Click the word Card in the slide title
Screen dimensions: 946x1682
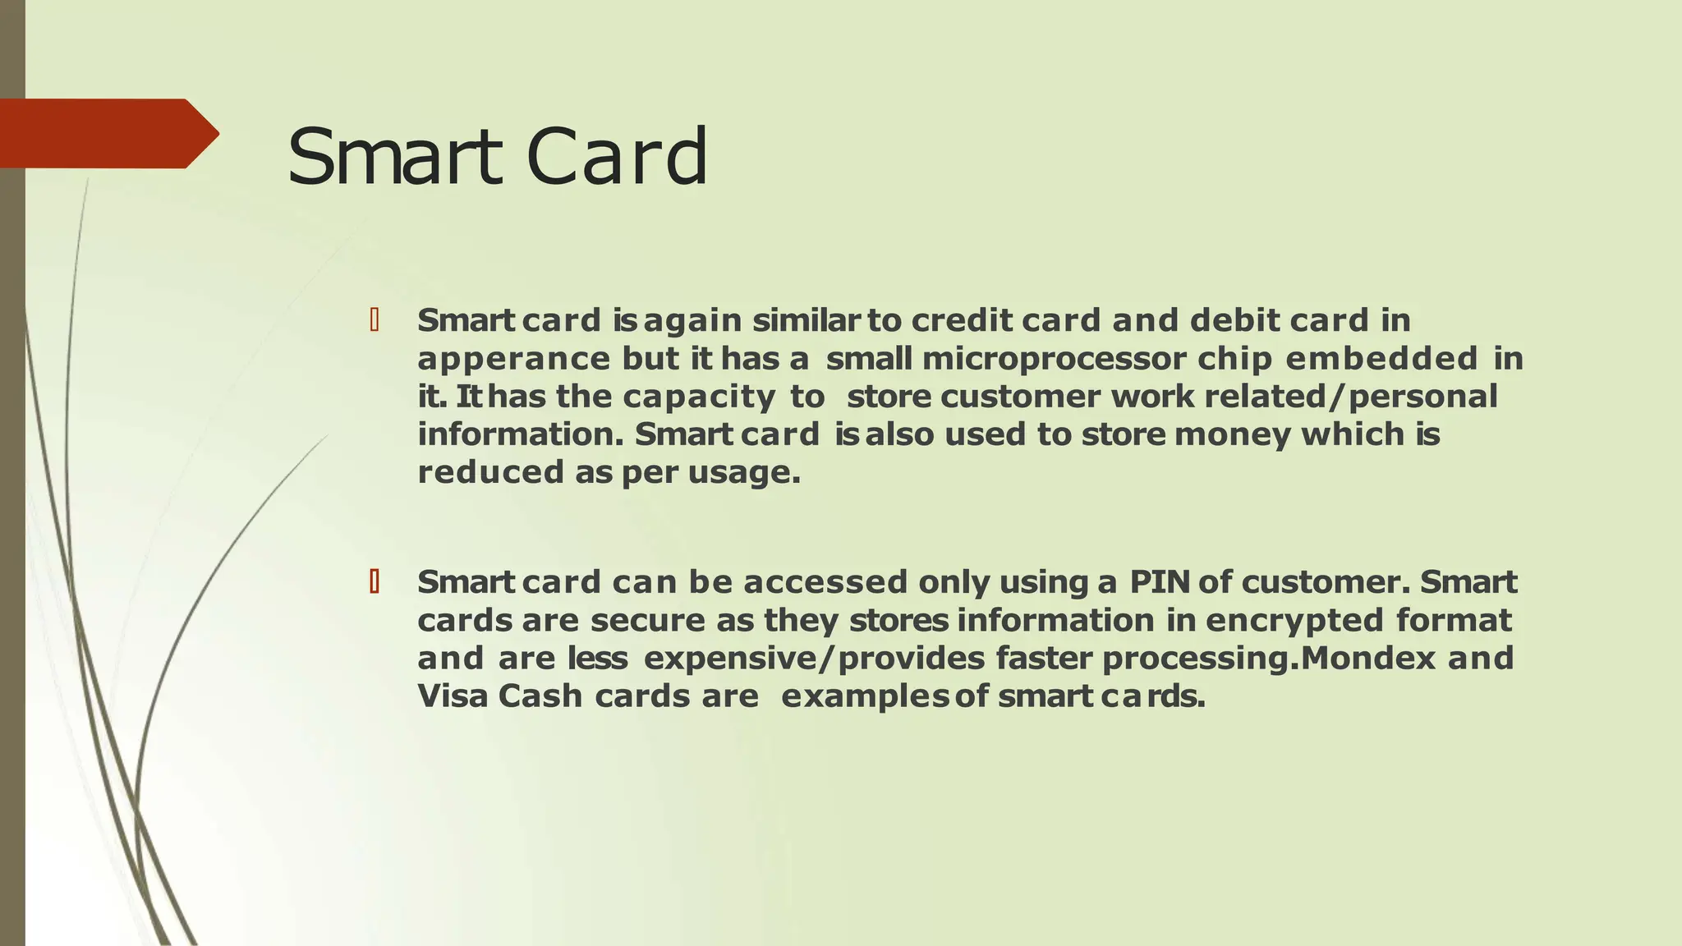(617, 156)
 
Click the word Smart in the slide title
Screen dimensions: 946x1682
(394, 156)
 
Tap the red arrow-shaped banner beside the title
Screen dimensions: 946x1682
(107, 133)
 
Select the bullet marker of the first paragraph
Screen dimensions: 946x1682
(375, 320)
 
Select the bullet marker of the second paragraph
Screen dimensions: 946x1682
(375, 582)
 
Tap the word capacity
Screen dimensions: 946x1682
(699, 397)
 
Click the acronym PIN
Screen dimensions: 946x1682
(1160, 582)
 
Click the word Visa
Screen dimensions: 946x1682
(453, 696)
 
